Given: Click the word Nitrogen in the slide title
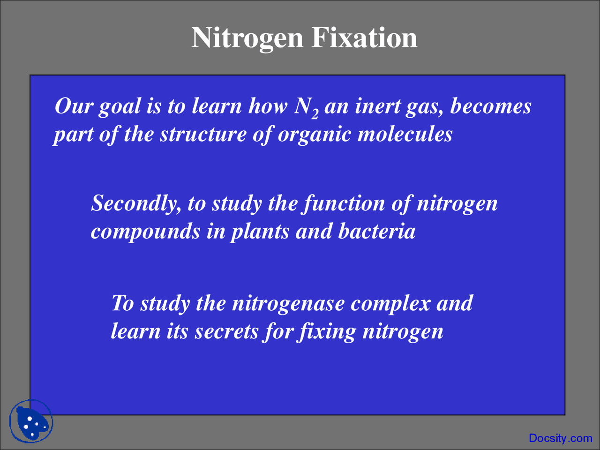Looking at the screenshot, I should point(247,38).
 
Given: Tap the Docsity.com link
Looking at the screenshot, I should point(560,438).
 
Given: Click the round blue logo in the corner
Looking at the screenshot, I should point(31,421).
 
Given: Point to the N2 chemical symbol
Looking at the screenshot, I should point(307,107).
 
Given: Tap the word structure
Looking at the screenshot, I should point(202,135).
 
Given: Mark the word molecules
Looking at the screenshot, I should point(405,135).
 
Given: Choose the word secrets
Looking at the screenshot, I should point(226,332).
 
